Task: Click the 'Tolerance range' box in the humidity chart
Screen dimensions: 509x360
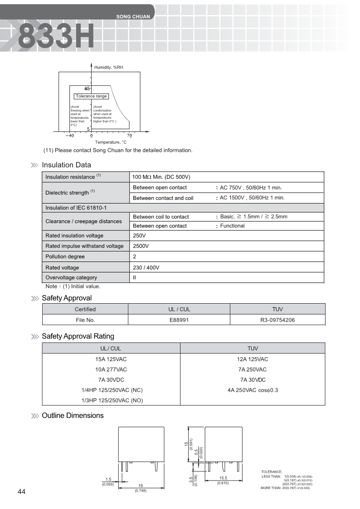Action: [x=91, y=96]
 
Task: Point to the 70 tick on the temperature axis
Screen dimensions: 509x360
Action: [x=129, y=136]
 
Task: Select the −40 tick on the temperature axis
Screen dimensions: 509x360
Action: [x=69, y=136]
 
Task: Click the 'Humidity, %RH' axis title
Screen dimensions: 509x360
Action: [x=109, y=67]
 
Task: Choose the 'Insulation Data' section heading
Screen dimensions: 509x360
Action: [x=66, y=165]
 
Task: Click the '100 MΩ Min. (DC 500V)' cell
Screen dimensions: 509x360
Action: [x=161, y=177]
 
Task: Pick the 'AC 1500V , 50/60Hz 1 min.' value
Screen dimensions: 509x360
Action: [x=252, y=198]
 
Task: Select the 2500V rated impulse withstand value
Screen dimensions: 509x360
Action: [x=141, y=246]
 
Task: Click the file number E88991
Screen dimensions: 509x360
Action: [x=179, y=320]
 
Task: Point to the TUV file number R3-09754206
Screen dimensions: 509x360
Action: [x=277, y=320]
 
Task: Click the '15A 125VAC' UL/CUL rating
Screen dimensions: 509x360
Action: [x=111, y=359]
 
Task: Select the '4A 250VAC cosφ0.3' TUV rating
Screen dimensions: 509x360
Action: [x=253, y=390]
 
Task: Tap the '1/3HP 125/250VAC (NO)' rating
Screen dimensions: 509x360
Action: [x=111, y=400]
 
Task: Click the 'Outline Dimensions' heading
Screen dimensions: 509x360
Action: [x=73, y=416]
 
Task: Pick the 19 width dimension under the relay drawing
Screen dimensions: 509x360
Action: [x=141, y=485]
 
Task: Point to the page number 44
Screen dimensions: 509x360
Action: [x=22, y=492]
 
